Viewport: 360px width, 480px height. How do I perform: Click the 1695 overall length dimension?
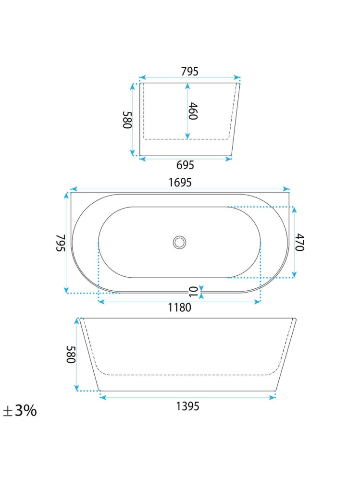coord(180,183)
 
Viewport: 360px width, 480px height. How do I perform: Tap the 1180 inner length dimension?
coord(179,308)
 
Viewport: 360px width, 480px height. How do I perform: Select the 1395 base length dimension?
coord(187,406)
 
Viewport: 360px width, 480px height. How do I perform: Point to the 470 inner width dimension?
coord(300,242)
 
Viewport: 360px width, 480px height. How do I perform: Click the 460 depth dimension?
coord(193,111)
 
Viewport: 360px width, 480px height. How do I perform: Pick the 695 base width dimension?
coord(185,165)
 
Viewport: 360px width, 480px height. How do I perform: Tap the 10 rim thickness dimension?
coord(194,292)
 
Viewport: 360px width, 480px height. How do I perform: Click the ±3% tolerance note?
coord(20,410)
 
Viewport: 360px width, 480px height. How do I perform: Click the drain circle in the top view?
coord(179,243)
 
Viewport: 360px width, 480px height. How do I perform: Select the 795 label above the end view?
coord(190,71)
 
